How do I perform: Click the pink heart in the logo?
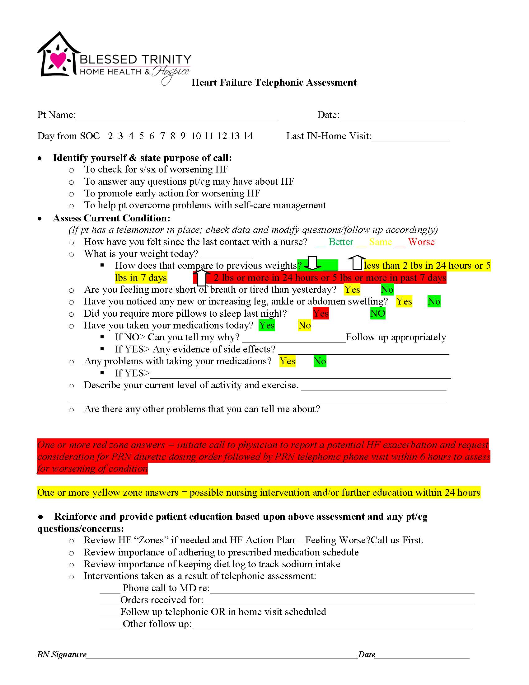click(x=58, y=59)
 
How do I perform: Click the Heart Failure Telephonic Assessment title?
click(x=274, y=83)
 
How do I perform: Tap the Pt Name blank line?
click(x=177, y=117)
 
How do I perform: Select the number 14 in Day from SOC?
click(x=248, y=136)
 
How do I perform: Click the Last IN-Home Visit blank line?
click(x=411, y=138)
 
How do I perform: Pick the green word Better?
click(x=341, y=242)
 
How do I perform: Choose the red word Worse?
click(x=421, y=242)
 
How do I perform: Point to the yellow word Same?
click(x=381, y=242)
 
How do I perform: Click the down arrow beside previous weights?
click(x=312, y=263)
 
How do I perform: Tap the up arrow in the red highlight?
click(x=202, y=277)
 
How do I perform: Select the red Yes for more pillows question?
click(x=321, y=313)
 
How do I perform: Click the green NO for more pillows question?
click(x=378, y=313)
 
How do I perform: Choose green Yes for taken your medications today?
click(x=267, y=325)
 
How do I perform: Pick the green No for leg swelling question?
click(x=434, y=301)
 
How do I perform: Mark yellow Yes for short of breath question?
click(x=352, y=290)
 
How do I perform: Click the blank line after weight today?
click(x=227, y=256)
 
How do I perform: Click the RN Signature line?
click(x=222, y=655)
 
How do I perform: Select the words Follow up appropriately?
click(x=396, y=337)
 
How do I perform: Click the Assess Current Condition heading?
click(x=112, y=218)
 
